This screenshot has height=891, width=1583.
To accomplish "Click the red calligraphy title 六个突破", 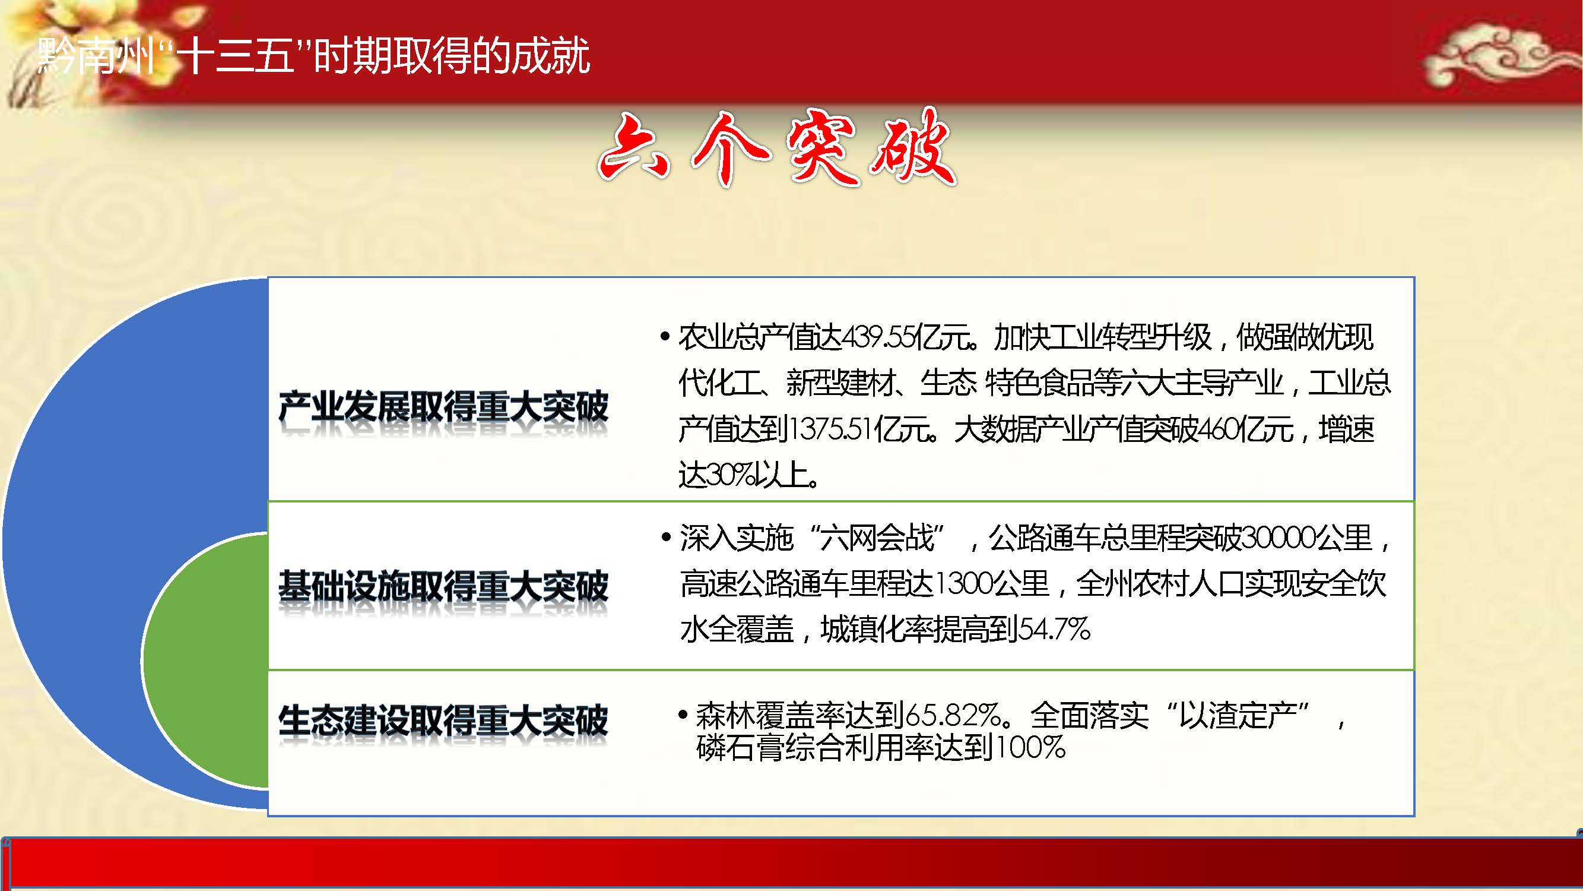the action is (777, 147).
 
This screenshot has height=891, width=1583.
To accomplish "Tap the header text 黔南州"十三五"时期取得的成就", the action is (313, 56).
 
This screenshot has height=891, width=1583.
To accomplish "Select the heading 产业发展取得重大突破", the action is (443, 406).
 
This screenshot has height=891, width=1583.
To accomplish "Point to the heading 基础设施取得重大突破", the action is (443, 586).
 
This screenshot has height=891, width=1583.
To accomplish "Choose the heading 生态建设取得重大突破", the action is (443, 721).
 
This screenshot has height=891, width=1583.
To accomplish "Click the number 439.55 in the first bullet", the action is (877, 337).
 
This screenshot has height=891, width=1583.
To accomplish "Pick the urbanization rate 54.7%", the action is (1055, 629).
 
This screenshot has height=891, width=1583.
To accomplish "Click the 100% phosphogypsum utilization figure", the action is (1030, 747).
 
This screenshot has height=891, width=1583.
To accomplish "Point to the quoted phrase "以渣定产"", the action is (1238, 715).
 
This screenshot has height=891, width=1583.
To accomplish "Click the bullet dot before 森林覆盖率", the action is (682, 715).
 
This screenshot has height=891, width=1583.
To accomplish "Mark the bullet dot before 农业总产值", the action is (665, 337).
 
